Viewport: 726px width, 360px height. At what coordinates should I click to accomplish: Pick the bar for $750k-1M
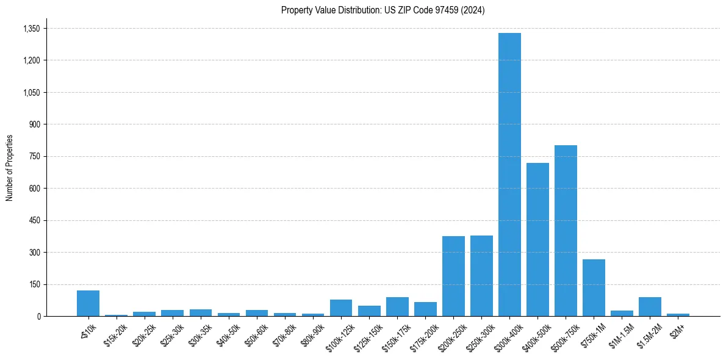pyautogui.click(x=594, y=287)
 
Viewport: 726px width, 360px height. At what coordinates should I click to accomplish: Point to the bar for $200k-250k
pyautogui.click(x=453, y=276)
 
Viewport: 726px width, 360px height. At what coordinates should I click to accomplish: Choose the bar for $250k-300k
pyautogui.click(x=481, y=276)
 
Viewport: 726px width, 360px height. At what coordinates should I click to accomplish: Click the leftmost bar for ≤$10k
pyautogui.click(x=88, y=303)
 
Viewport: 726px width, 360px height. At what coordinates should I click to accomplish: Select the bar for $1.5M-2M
pyautogui.click(x=650, y=307)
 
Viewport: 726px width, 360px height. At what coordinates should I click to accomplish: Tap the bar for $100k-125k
pyautogui.click(x=341, y=308)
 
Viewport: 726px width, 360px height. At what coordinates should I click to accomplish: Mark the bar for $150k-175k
pyautogui.click(x=397, y=307)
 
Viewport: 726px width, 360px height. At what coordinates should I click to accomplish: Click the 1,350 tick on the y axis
pyautogui.click(x=31, y=29)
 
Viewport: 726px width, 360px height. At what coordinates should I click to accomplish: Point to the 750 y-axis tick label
pyautogui.click(x=34, y=156)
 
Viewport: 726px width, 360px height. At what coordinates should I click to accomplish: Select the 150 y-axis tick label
pyautogui.click(x=34, y=284)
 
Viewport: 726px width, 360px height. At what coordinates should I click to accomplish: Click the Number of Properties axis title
pyautogui.click(x=9, y=168)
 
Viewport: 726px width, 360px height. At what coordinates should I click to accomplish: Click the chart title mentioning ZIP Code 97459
pyautogui.click(x=383, y=10)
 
